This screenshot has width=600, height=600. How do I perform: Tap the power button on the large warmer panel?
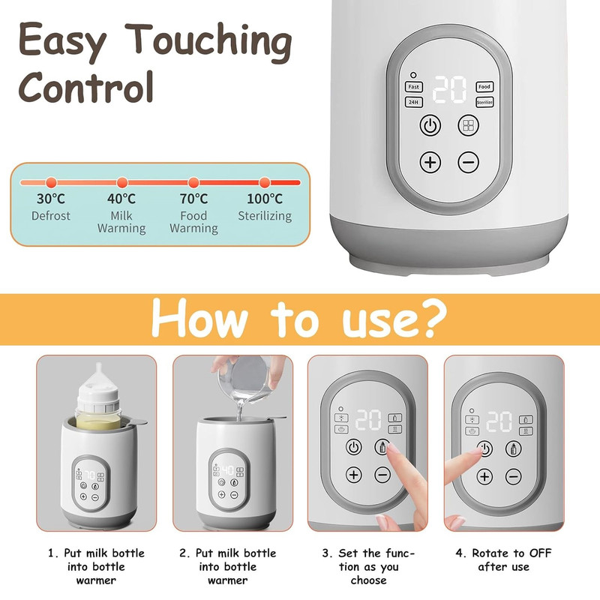430,125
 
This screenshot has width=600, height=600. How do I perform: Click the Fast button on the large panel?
414,87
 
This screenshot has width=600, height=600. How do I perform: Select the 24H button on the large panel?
414,102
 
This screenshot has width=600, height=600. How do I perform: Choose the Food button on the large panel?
484,87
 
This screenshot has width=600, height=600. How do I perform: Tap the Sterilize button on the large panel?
484,102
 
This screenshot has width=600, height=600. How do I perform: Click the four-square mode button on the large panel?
468,125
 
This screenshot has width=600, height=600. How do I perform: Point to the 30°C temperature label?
51,199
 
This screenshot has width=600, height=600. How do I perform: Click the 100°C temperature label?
265,199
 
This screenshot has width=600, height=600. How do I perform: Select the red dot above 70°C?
193,182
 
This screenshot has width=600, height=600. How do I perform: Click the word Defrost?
51,216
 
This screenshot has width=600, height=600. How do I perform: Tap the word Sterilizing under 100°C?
265,216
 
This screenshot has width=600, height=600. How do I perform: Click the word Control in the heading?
86,87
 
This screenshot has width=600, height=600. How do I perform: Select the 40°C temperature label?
121,199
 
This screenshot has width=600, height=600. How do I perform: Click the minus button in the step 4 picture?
514,477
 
